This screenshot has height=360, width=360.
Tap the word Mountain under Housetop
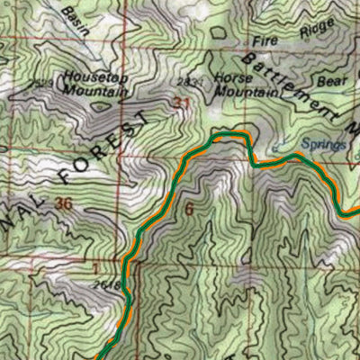94,90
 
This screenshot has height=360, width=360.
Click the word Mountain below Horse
246,92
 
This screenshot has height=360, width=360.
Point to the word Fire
264,41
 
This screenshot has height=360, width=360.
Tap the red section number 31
183,104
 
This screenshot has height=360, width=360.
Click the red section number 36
63,203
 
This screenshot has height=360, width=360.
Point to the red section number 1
94,268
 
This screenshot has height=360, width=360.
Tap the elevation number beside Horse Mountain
185,81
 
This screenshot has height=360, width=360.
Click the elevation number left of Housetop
38,85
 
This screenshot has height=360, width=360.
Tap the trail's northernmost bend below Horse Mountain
229,135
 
